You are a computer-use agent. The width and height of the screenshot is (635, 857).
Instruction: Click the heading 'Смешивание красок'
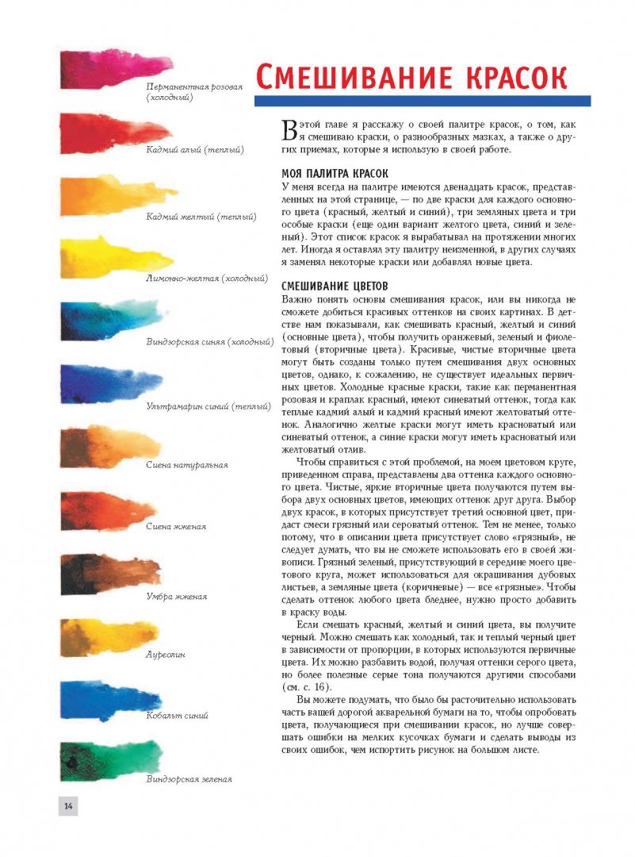click(x=411, y=79)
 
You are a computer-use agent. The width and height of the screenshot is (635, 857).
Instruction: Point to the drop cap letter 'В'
click(x=290, y=131)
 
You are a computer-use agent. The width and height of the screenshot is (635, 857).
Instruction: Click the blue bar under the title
click(x=422, y=101)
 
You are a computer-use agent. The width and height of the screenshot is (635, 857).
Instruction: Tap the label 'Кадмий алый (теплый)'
click(x=194, y=149)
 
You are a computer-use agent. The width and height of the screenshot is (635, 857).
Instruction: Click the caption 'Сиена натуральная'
click(x=187, y=465)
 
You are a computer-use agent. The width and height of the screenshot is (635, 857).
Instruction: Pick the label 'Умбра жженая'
click(x=177, y=596)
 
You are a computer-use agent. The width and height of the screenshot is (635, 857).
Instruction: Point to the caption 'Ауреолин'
click(x=165, y=655)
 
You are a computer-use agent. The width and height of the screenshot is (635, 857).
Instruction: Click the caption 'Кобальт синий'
click(x=177, y=716)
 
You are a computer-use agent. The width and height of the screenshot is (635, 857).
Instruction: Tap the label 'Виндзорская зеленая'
click(x=189, y=779)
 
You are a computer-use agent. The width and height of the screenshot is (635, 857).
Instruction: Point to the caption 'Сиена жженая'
click(x=176, y=526)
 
